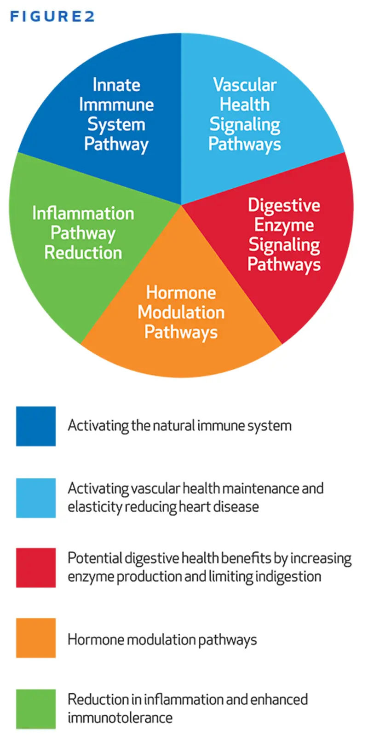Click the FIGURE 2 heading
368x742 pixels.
tap(52, 16)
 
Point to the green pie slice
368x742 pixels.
tap(80, 238)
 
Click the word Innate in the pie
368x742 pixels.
tap(116, 85)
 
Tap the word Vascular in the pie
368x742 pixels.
tap(245, 85)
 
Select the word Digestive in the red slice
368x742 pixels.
tap(284, 205)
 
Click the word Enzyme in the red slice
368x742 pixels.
tap(284, 225)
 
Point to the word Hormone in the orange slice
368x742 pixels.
tap(181, 293)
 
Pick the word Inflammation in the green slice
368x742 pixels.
tap(83, 213)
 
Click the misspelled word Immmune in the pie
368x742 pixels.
tap(116, 104)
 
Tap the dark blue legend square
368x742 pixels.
tap(36, 426)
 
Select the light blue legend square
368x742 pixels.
tap(36, 498)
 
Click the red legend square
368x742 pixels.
tap(36, 568)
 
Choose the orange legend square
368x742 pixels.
tap(36, 638)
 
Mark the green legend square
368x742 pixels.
tap(36, 709)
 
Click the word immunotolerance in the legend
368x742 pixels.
tap(120, 718)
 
